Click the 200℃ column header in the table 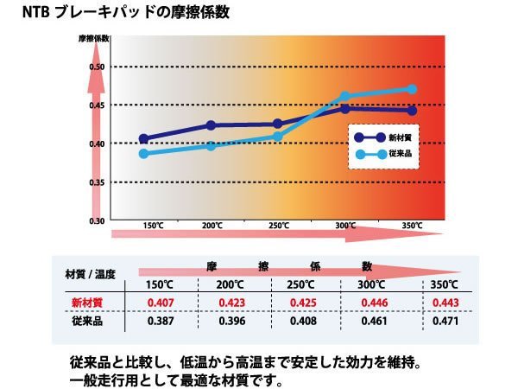pyautogui.click(x=230, y=285)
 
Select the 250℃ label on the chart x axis pyautogui.click(x=278, y=226)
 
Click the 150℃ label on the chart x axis pyautogui.click(x=153, y=226)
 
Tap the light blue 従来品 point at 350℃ pyautogui.click(x=412, y=89)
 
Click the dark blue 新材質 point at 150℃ pyautogui.click(x=143, y=138)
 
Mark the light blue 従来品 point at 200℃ pyautogui.click(x=212, y=146)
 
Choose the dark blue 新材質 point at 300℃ pyautogui.click(x=345, y=109)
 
